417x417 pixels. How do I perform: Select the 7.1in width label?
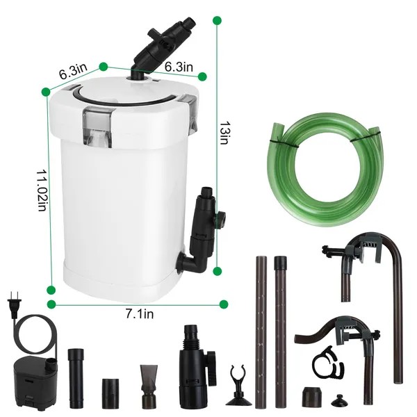pyautogui.click(x=139, y=315)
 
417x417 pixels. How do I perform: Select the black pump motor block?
pyautogui.click(x=34, y=379)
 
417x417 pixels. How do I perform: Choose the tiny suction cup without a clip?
pyautogui.click(x=341, y=401)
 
